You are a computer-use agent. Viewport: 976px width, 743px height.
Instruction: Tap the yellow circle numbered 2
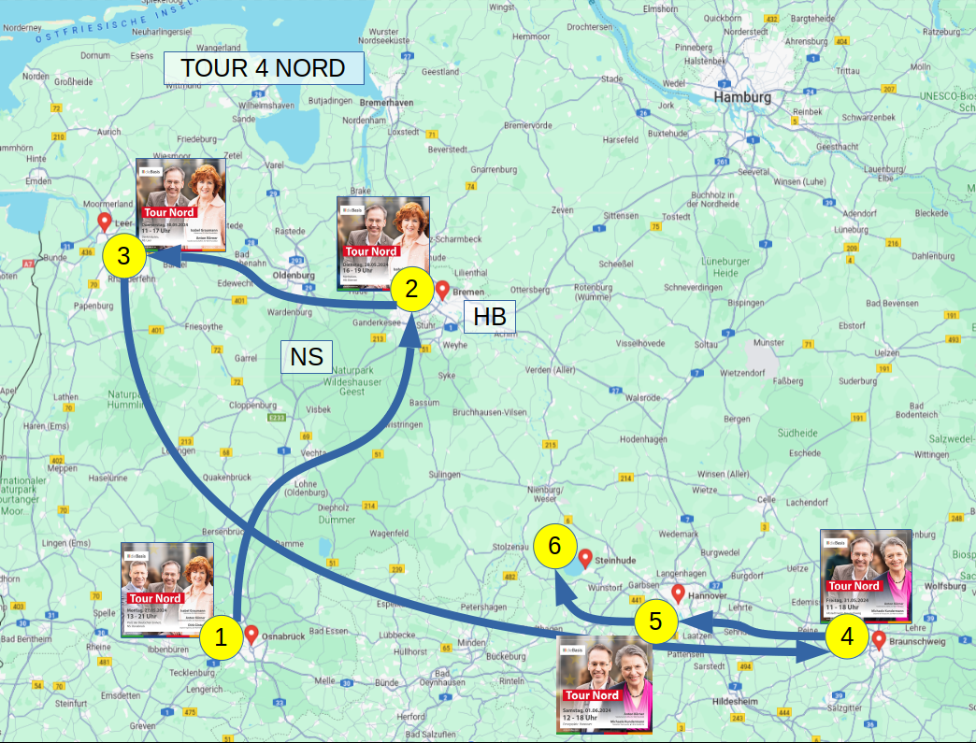click(x=409, y=289)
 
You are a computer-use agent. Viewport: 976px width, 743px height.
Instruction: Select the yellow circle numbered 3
click(x=122, y=256)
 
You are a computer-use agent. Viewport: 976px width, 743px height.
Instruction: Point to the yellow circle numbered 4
click(x=847, y=636)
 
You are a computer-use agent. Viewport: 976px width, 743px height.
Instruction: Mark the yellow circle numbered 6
click(x=554, y=546)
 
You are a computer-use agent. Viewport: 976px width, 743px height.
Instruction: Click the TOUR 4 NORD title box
click(x=263, y=68)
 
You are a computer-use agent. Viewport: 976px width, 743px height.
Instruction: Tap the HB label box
click(x=489, y=316)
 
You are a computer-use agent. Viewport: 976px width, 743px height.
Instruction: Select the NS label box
click(x=306, y=356)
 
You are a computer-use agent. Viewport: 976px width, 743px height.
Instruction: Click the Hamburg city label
click(x=742, y=97)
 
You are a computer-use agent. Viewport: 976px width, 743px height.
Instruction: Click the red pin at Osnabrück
click(x=251, y=635)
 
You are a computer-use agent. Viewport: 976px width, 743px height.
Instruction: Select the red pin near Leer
click(x=104, y=221)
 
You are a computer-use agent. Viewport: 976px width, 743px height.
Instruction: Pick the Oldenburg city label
click(x=293, y=276)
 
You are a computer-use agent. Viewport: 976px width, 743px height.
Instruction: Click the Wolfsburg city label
click(x=944, y=587)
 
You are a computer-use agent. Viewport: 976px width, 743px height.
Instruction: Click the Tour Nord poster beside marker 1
click(x=167, y=589)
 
